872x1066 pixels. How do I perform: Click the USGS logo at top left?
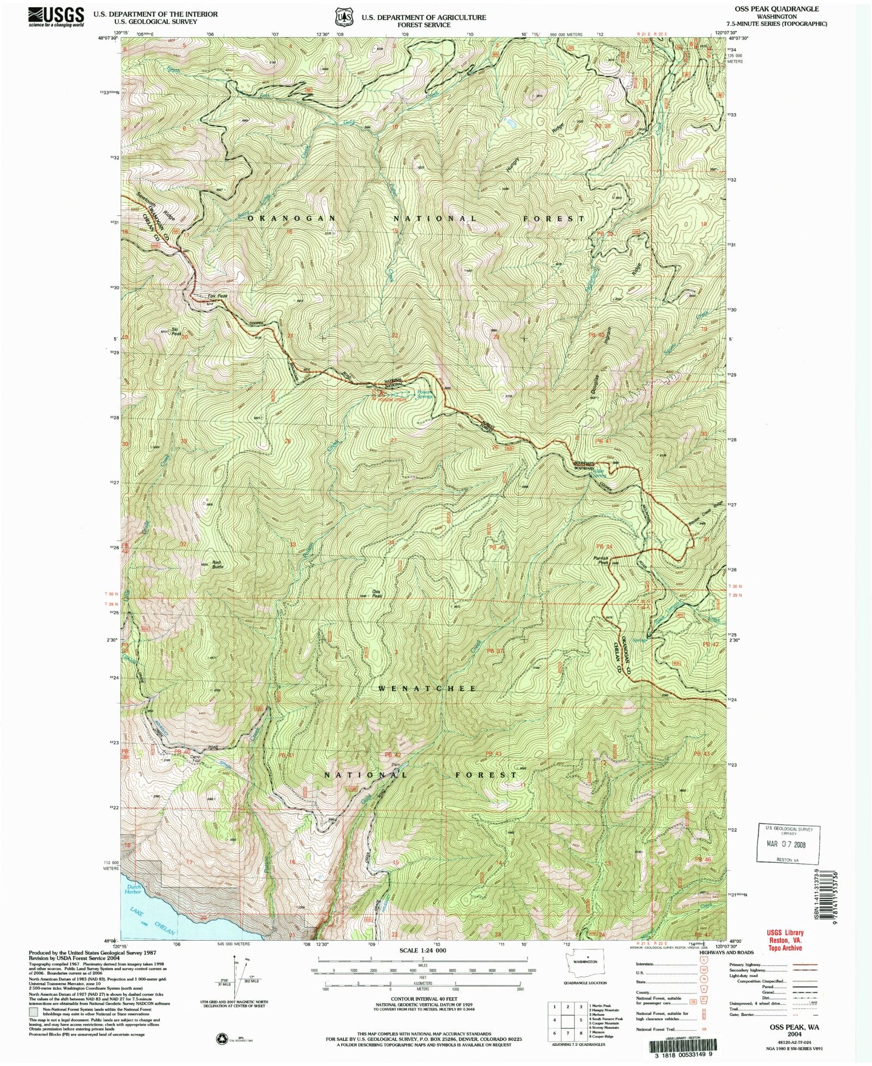(56, 17)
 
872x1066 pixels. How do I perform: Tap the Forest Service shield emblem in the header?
(344, 17)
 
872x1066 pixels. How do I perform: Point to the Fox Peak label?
(217, 296)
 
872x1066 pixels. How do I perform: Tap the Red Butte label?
(217, 564)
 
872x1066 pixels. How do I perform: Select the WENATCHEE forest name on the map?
(427, 688)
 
